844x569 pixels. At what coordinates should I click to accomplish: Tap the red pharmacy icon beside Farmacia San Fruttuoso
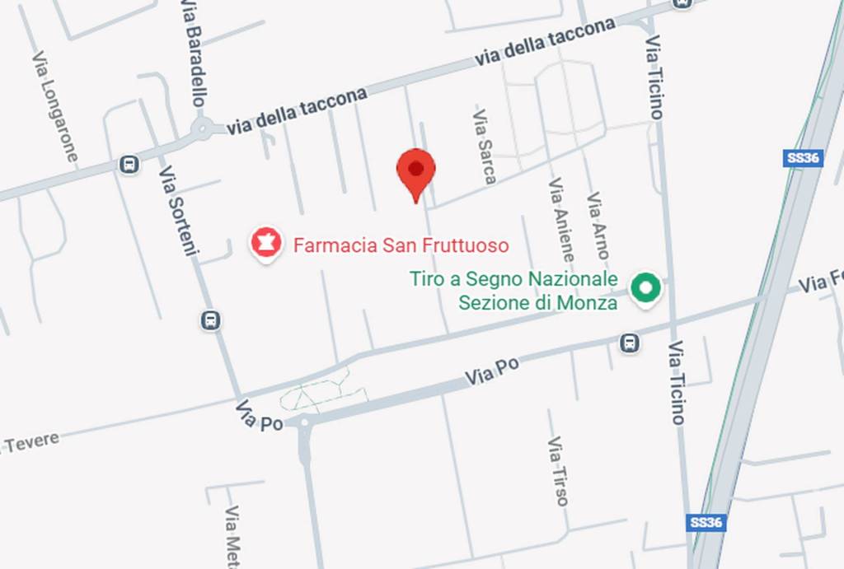[x=265, y=245]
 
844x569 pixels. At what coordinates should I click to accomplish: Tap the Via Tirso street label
[x=557, y=471]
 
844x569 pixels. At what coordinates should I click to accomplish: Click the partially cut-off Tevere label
[x=30, y=443]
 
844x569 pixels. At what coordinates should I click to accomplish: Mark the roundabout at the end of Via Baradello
[x=202, y=128]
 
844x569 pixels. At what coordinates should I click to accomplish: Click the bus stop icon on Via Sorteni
[x=211, y=320]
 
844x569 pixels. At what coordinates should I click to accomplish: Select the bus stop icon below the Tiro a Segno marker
[x=629, y=342]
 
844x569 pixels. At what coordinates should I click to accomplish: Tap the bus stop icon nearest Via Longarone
[x=129, y=165]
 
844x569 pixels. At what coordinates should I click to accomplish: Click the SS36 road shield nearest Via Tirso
[x=707, y=522]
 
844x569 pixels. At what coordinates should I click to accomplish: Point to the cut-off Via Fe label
[x=821, y=282]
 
